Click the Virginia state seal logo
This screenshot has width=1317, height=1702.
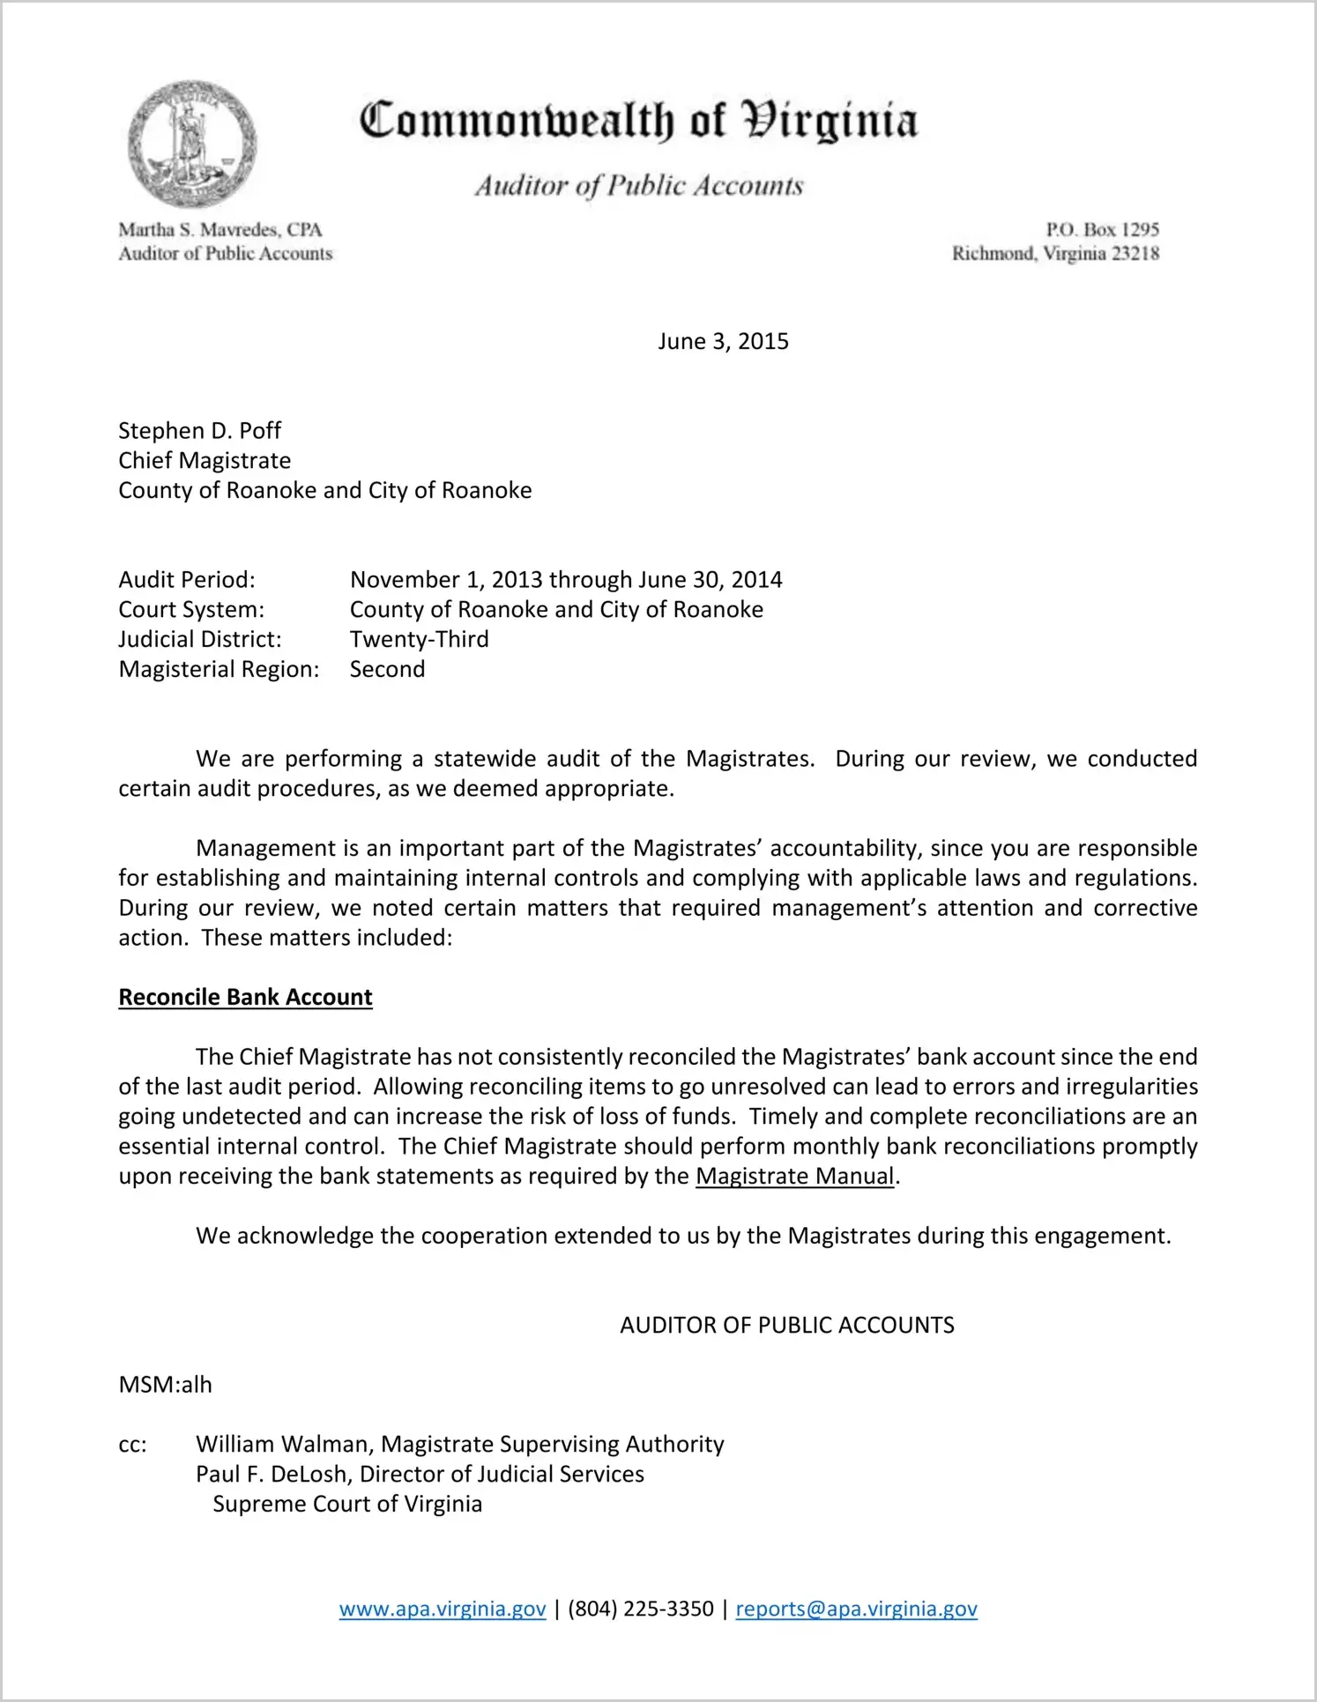(191, 144)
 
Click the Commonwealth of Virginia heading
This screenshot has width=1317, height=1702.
(638, 122)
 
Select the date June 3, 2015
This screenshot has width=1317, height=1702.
(723, 342)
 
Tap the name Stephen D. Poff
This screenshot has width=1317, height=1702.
(199, 431)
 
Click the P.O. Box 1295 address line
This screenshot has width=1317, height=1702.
(1102, 230)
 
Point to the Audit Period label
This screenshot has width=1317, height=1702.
(187, 580)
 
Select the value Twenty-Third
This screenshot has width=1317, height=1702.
(419, 639)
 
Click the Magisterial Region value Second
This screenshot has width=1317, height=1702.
(387, 669)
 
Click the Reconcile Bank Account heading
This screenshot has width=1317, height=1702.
(245, 997)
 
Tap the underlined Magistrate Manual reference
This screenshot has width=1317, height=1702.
(794, 1177)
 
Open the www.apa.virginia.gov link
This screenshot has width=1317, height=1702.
(443, 1609)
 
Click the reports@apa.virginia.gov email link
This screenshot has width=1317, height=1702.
(856, 1609)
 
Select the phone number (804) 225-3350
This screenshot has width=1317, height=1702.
(641, 1609)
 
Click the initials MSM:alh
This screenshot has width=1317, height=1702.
(165, 1385)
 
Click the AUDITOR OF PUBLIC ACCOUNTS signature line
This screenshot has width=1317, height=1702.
(786, 1326)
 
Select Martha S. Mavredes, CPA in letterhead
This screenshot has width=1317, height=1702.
(220, 230)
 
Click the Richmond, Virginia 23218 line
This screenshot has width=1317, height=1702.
(1055, 254)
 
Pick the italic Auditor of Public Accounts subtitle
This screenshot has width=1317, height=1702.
(639, 186)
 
